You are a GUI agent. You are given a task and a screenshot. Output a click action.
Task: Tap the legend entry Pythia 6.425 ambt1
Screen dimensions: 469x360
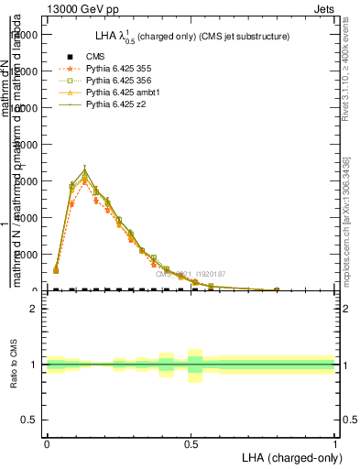coord(122,93)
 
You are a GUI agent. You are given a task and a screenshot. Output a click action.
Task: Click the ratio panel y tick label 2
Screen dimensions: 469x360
coord(34,310)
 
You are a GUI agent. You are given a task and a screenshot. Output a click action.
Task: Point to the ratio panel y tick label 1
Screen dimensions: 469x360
coord(34,365)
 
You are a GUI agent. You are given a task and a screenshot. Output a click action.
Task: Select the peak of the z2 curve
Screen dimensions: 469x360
coord(84,171)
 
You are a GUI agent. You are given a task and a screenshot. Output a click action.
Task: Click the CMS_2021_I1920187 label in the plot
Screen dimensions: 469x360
coord(190,274)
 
